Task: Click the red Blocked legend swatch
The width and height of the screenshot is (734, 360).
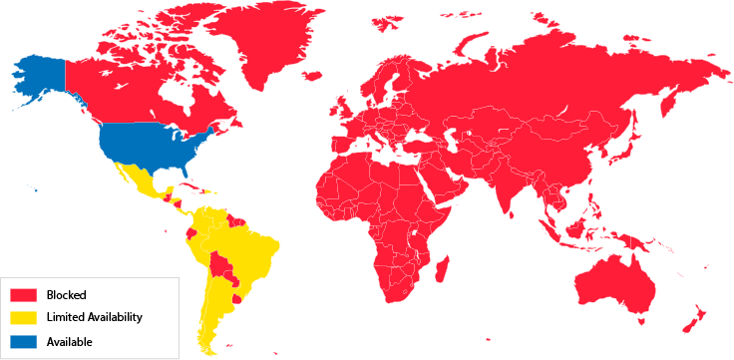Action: point(24,294)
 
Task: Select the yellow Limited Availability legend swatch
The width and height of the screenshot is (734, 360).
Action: point(24,318)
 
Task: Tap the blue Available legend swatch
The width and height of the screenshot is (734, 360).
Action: point(24,342)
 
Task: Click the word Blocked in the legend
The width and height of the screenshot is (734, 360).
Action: point(66,294)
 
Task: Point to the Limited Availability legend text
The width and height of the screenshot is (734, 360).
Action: point(94,318)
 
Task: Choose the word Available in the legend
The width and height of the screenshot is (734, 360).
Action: point(69,342)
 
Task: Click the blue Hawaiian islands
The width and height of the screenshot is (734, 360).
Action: point(33,188)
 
